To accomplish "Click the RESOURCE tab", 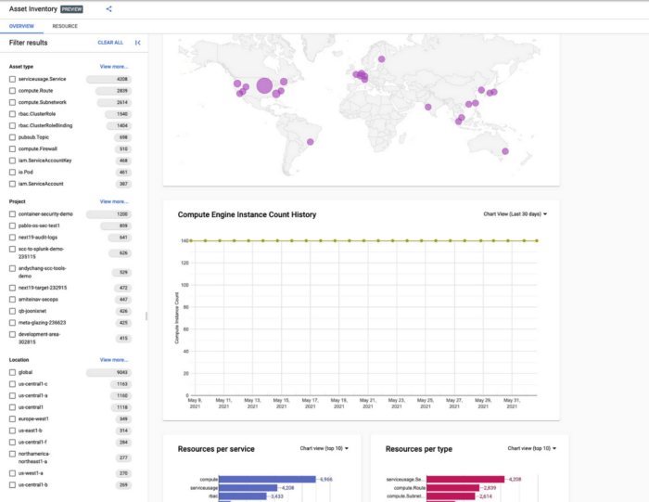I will pos(65,27).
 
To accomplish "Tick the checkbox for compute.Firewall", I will pos(12,148).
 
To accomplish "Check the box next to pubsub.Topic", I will pos(12,136).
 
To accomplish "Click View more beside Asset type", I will pos(114,67).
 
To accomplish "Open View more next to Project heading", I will pos(114,201).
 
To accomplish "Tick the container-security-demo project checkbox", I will pos(12,213).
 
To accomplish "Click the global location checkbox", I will pos(12,372).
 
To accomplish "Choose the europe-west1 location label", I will pos(34,418).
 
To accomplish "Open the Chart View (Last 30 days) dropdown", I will pos(515,214).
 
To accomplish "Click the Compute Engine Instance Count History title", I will pos(247,214).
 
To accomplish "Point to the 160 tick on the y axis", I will pos(185,241).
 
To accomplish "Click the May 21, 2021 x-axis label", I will pos(368,405).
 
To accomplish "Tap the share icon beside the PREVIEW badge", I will pos(108,9).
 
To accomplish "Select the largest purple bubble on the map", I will pos(264,86).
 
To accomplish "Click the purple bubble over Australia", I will pos(505,151).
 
